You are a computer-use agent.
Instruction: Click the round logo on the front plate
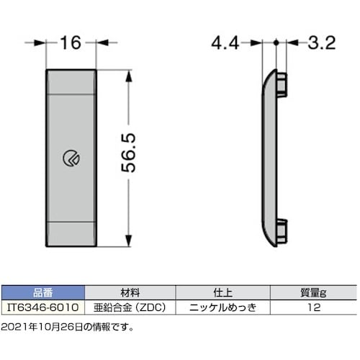[x=72, y=159]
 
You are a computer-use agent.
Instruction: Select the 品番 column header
[x=43, y=293]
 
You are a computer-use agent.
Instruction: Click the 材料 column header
[x=130, y=293]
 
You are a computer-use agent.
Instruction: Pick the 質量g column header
[x=312, y=293]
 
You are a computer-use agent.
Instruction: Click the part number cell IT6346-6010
[x=43, y=306]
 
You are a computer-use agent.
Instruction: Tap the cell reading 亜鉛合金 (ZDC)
[x=130, y=306]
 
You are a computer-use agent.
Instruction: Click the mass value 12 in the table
[x=312, y=306]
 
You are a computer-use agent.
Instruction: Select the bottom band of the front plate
[x=72, y=232]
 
